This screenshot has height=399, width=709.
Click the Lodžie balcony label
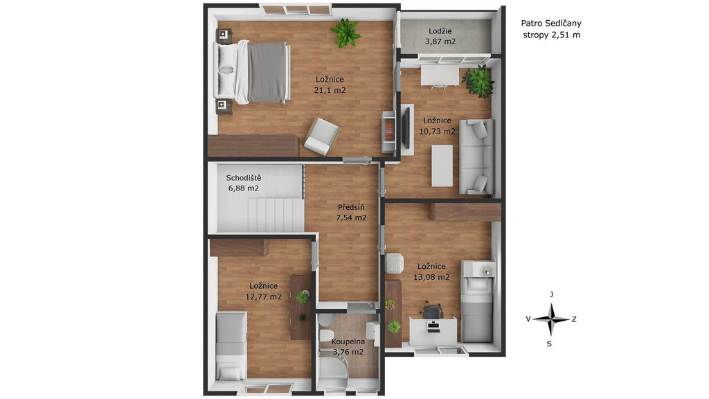(x=440, y=31)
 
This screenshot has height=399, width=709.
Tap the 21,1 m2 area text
(x=330, y=90)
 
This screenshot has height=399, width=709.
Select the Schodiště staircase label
(x=244, y=178)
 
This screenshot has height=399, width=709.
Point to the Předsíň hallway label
(x=351, y=208)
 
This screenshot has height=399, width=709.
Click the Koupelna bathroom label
(x=348, y=342)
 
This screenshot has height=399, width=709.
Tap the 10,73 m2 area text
(x=438, y=132)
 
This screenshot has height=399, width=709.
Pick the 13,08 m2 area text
(x=431, y=277)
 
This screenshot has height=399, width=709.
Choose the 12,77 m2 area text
(x=264, y=296)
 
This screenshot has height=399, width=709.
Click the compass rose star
(x=550, y=319)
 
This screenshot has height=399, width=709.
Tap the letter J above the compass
(x=551, y=294)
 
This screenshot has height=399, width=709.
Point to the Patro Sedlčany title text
(x=551, y=23)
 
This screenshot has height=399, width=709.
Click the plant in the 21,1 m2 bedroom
(x=345, y=32)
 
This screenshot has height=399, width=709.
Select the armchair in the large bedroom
(x=321, y=136)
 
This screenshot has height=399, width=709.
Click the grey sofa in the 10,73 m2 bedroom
(x=477, y=157)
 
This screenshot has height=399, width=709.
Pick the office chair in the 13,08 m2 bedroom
(x=432, y=312)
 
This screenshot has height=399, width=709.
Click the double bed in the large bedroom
(x=253, y=72)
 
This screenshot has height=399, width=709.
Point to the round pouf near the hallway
(x=394, y=263)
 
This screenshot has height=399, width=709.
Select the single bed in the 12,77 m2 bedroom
(x=231, y=346)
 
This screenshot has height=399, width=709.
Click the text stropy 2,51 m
(x=551, y=35)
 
